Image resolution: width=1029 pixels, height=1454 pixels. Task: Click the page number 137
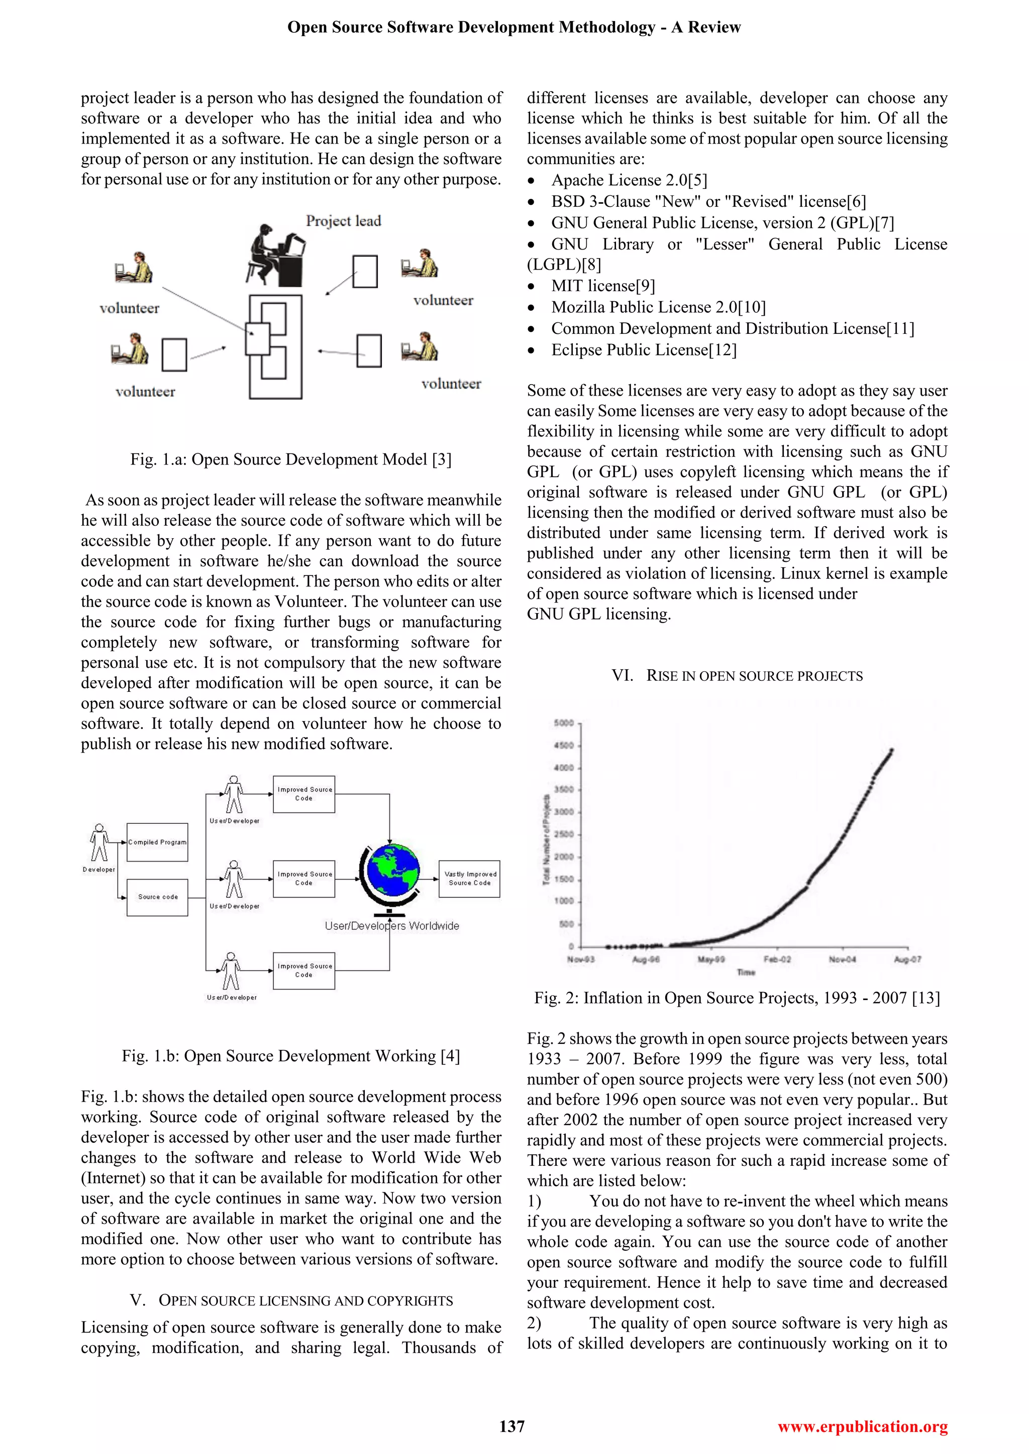[512, 1426]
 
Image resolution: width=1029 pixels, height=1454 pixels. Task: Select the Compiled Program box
[157, 842]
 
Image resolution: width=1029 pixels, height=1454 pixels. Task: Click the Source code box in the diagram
[157, 897]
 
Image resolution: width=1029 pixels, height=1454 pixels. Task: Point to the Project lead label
[344, 221]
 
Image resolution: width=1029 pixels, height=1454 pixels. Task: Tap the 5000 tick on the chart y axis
[563, 722]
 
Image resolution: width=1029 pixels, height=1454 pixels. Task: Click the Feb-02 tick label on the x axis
[777, 959]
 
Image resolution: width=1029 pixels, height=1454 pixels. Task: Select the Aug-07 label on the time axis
[907, 959]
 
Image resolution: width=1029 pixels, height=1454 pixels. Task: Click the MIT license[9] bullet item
[602, 286]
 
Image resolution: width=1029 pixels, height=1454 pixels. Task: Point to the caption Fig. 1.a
[291, 459]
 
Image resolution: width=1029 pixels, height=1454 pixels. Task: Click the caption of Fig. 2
[737, 998]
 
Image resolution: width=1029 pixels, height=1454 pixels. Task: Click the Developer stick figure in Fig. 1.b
[99, 843]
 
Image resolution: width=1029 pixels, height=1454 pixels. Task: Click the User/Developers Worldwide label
[391, 926]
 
